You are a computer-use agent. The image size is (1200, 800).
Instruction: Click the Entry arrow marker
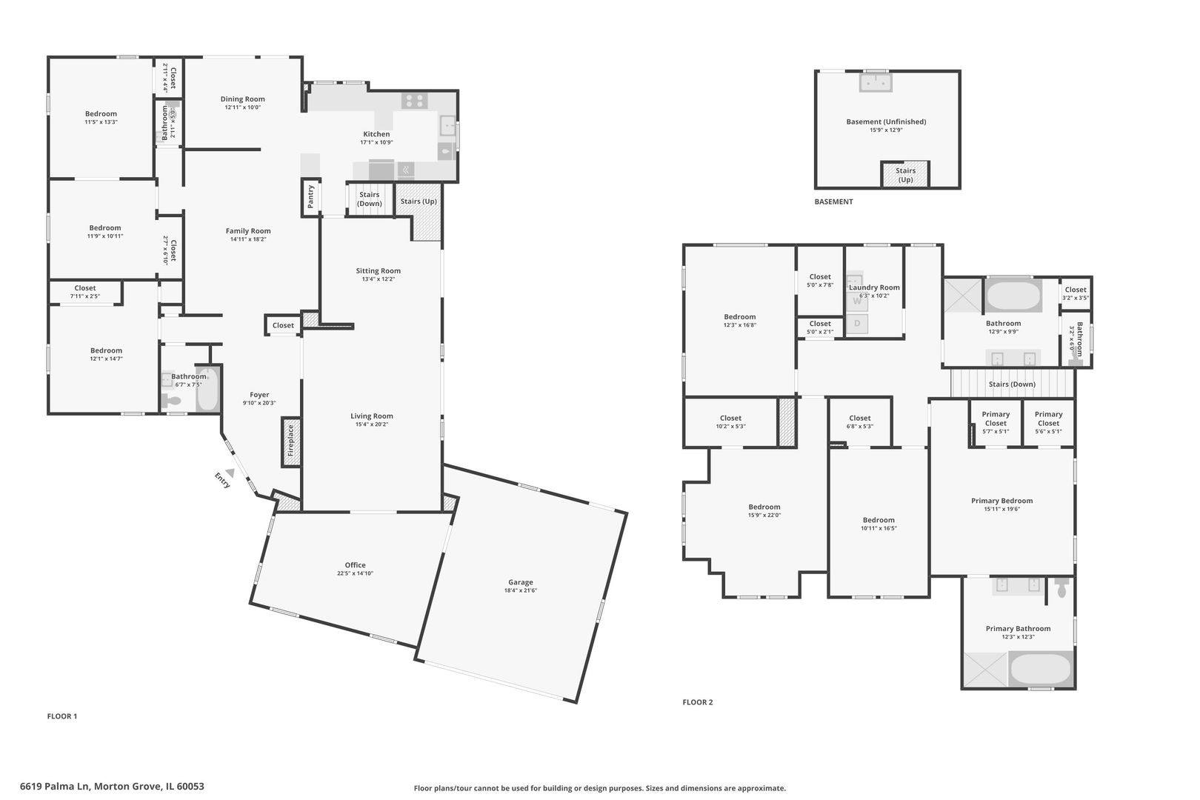coord(230,472)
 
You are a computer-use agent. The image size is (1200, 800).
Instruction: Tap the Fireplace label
coord(291,441)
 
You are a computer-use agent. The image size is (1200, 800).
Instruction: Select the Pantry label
coord(311,196)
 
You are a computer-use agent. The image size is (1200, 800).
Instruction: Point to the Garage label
coord(520,582)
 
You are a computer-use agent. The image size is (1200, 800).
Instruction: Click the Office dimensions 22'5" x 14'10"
coord(355,573)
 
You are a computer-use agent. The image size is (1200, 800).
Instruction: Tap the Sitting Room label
coord(378,271)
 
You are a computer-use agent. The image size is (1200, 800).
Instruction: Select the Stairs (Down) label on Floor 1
coord(369,199)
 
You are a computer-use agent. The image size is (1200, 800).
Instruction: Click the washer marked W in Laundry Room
coord(856,301)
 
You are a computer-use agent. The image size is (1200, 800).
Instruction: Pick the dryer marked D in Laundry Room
coord(857,324)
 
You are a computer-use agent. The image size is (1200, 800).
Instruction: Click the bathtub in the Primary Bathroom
coord(1040,669)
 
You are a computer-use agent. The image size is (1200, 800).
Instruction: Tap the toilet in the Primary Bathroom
coord(1062,588)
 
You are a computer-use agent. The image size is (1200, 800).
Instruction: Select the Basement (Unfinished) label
coord(886,121)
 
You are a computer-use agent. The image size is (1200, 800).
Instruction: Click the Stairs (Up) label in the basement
coord(905,175)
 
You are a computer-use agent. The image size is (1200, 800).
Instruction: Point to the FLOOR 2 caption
coord(697,702)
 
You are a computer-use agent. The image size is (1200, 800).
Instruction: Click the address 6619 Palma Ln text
coord(112,787)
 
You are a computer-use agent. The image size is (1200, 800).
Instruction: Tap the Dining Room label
coord(242,99)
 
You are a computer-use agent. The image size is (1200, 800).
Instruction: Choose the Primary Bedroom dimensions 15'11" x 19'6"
coord(1001,509)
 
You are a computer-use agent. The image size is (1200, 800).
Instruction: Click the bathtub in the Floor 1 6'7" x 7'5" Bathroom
coord(207,390)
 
